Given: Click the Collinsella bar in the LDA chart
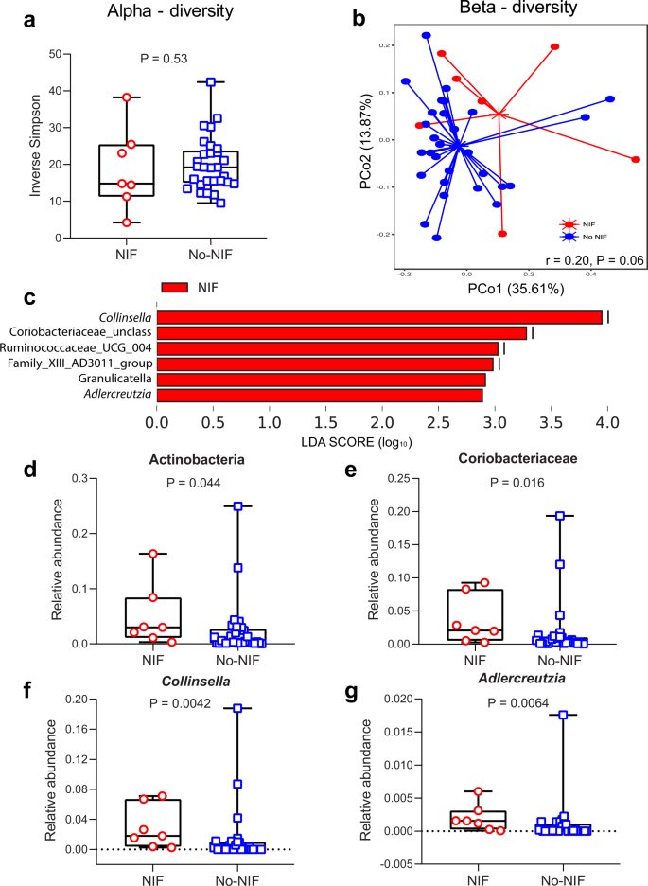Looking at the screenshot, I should click(379, 317).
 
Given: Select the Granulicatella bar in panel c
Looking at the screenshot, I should click(321, 379).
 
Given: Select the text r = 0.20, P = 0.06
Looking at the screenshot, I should click(586, 258).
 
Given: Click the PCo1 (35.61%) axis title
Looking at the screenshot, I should click(512, 288).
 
